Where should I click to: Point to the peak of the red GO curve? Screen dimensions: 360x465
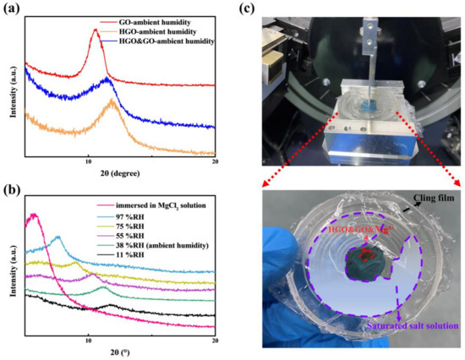[95, 52]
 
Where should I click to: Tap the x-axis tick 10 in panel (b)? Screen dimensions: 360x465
[88, 334]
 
